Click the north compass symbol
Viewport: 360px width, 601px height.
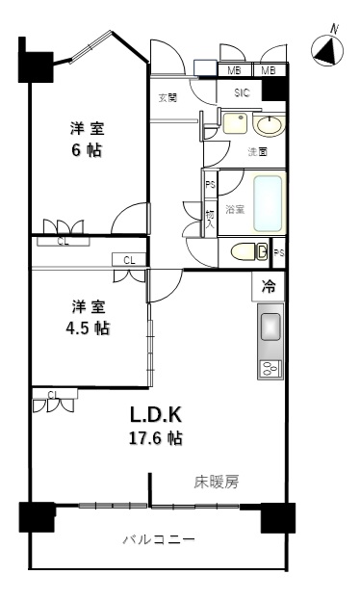[327, 50]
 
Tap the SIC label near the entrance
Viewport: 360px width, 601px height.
[243, 92]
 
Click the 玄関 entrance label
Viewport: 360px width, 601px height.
[167, 98]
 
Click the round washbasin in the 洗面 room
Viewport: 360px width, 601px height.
[271, 125]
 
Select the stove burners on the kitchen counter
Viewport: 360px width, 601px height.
[270, 367]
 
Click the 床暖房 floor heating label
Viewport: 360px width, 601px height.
[216, 481]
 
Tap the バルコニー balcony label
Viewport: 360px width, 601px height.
[159, 540]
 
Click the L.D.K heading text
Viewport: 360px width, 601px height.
[156, 415]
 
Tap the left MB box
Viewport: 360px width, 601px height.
[234, 70]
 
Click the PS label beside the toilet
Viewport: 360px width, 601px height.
[278, 252]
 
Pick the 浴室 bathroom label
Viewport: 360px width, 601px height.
[235, 209]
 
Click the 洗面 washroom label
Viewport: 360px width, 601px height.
[257, 152]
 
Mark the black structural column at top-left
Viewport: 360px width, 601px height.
[36, 64]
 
